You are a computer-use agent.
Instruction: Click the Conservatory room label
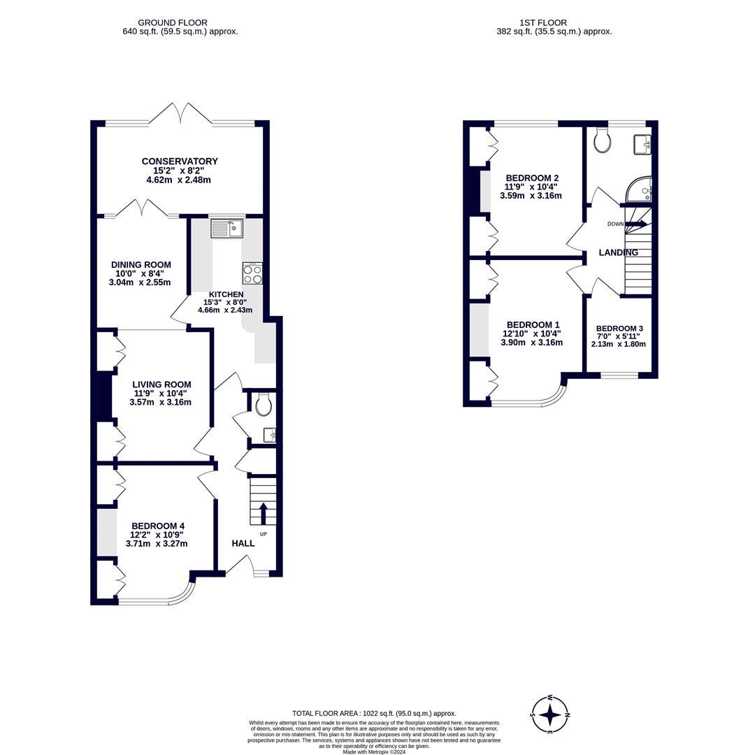(x=180, y=161)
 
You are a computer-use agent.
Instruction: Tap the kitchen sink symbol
(x=226, y=228)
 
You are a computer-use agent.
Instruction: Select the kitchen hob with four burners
(x=252, y=273)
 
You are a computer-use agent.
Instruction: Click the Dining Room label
(x=141, y=265)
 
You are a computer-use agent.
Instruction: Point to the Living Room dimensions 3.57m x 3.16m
(x=160, y=402)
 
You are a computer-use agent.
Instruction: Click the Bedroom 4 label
(x=158, y=526)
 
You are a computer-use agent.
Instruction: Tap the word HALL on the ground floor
(x=243, y=543)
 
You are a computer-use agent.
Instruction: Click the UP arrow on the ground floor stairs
(x=263, y=512)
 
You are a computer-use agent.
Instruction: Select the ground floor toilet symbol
(x=264, y=403)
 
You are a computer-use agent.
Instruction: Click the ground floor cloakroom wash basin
(x=269, y=436)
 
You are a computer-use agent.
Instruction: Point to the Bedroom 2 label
(x=532, y=178)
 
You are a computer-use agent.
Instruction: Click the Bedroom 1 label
(x=533, y=325)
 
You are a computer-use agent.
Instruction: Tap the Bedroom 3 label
(x=619, y=329)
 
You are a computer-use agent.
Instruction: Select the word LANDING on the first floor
(x=619, y=252)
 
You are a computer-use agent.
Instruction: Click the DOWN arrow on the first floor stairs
(x=635, y=224)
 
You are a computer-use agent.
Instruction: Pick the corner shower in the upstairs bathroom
(x=639, y=189)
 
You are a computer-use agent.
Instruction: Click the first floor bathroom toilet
(x=600, y=141)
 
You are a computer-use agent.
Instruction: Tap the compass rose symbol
(x=550, y=714)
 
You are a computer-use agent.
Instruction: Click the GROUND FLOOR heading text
(x=172, y=23)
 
